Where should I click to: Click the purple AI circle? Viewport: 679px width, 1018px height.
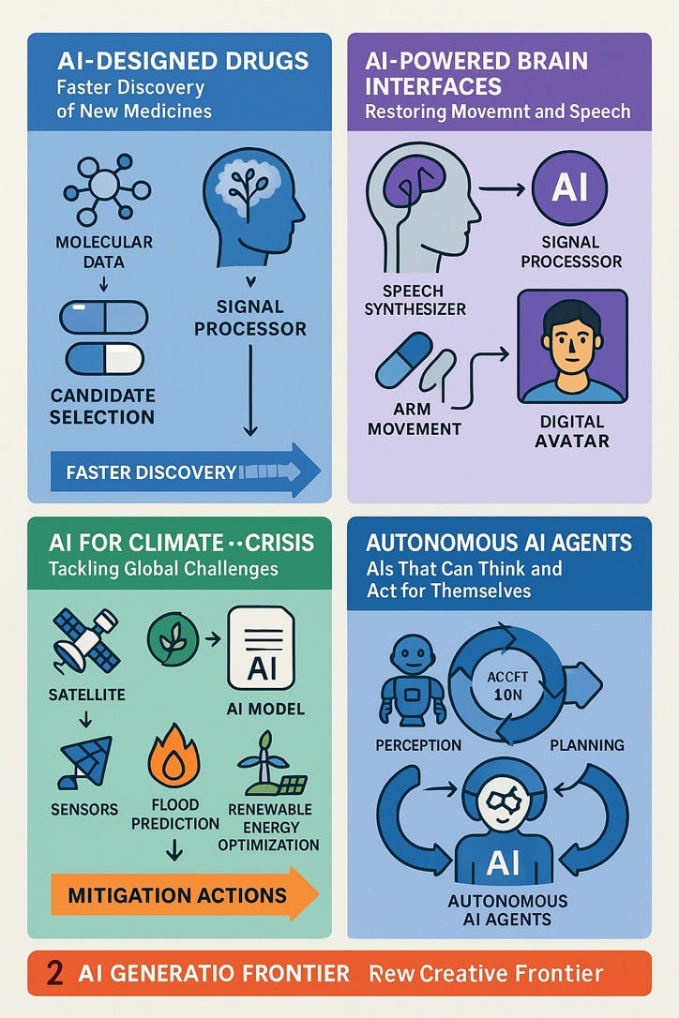click(569, 187)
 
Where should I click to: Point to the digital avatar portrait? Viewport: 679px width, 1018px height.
click(572, 346)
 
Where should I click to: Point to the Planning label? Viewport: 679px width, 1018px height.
click(588, 745)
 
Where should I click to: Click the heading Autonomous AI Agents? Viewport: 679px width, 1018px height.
click(499, 544)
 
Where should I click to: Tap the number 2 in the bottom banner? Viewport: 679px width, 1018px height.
click(55, 973)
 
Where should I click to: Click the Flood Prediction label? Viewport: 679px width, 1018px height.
click(175, 814)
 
